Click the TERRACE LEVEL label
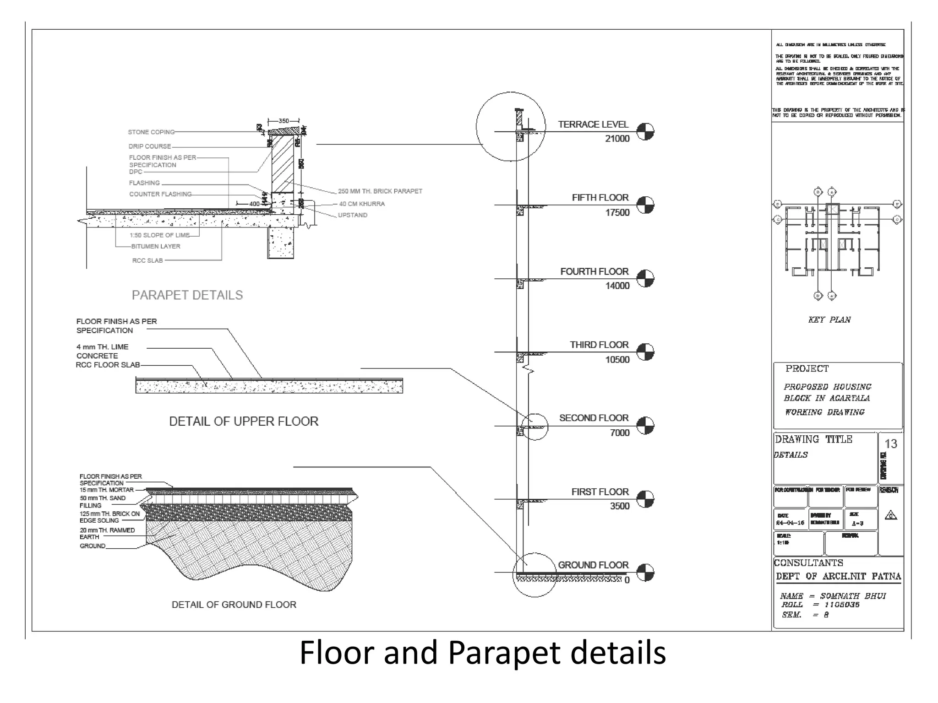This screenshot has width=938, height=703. click(x=593, y=124)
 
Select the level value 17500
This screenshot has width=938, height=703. click(x=617, y=212)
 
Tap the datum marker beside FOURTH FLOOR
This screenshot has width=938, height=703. click(x=645, y=278)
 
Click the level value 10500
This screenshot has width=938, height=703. click(x=617, y=359)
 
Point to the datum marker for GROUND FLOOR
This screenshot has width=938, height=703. click(x=645, y=573)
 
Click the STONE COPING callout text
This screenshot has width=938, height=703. click(x=151, y=132)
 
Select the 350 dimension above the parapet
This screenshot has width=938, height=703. click(x=284, y=121)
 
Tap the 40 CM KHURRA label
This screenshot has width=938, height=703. click(x=361, y=204)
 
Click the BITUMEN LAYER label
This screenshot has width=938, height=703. click(x=156, y=246)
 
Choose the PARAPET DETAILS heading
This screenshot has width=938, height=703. click(x=187, y=295)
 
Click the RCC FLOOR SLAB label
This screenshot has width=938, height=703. click(x=108, y=365)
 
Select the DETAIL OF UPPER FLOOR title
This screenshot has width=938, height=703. click(x=244, y=422)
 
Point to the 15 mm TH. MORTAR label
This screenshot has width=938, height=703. click(x=107, y=490)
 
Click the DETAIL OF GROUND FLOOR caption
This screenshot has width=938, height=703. click(x=234, y=605)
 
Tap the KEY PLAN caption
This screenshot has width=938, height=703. click(x=829, y=320)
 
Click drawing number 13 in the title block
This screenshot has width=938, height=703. click(x=890, y=444)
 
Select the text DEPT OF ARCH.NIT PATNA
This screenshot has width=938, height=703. click(x=838, y=576)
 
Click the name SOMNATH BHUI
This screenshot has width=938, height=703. click(x=852, y=596)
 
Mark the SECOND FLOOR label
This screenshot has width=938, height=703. click(x=594, y=418)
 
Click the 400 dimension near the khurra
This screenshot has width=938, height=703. click(x=254, y=204)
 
